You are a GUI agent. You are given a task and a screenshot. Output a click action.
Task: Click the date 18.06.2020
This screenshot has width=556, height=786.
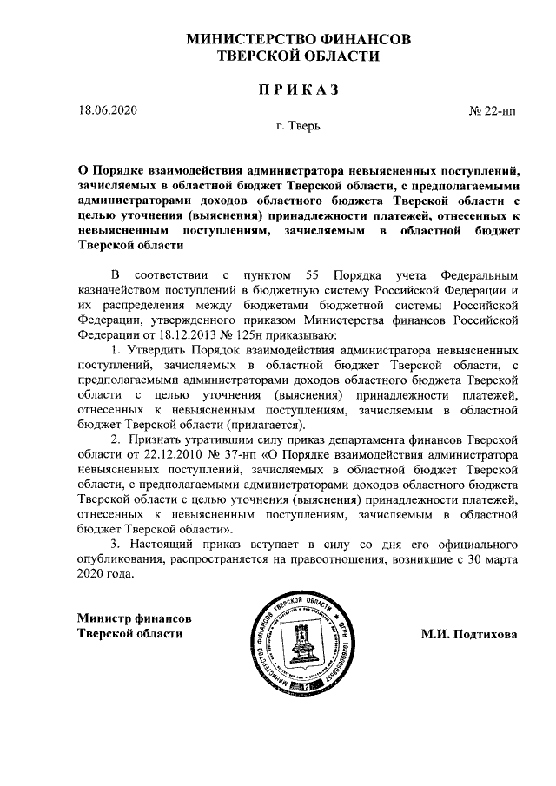[107, 109]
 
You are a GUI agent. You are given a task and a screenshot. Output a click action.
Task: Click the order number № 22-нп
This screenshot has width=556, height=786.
[493, 110]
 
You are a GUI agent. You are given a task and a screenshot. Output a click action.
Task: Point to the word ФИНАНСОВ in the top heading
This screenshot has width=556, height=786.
[365, 40]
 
